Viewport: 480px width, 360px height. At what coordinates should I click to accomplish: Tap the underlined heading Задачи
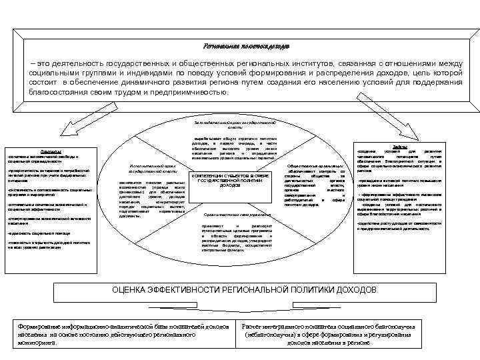coord(401,145)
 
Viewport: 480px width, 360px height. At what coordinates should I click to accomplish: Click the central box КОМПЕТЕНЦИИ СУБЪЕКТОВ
coord(230,179)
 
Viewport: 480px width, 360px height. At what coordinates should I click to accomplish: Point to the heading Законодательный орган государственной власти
coord(240,124)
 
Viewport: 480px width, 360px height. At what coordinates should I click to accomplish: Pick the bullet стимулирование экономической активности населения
coord(46,220)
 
